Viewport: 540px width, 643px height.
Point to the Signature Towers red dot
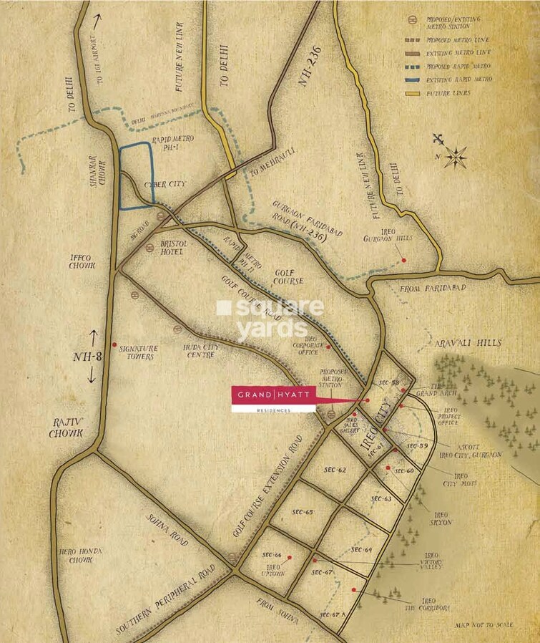tap(114, 344)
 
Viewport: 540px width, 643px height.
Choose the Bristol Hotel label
tap(171, 248)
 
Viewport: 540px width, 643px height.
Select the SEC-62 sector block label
tap(334, 470)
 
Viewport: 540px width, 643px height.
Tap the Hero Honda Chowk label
tap(81, 556)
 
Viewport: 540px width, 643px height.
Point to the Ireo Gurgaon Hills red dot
tap(404, 259)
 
